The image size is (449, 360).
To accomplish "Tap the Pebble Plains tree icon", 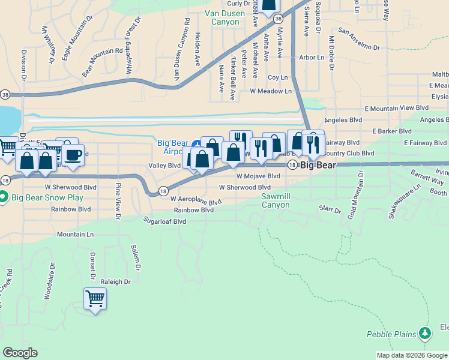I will tap(425, 332).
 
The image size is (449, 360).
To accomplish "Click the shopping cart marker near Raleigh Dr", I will tap(95, 298).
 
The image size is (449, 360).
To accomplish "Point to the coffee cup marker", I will tap(73, 155).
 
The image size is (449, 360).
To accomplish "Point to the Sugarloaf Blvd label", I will tap(164, 221).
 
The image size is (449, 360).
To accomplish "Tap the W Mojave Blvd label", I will tap(258, 176).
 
